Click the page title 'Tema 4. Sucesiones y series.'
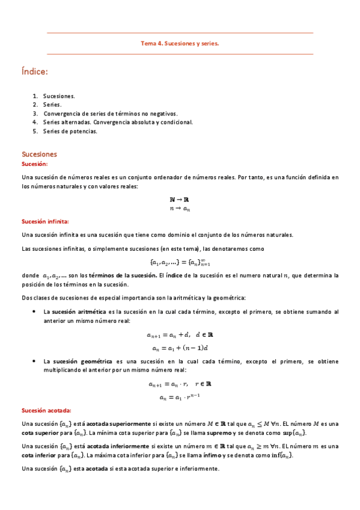pyautogui.click(x=180, y=43)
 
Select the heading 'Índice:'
pyautogui.click(x=34, y=72)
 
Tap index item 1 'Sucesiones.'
pyautogui.click(x=59, y=96)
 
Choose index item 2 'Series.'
pyautogui.click(x=52, y=105)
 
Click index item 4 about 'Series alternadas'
pyautogui.click(x=118, y=122)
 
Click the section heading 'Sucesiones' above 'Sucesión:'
pyautogui.click(x=39, y=154)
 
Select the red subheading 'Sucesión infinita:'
pyautogui.click(x=45, y=221)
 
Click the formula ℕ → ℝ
pyautogui.click(x=180, y=200)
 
